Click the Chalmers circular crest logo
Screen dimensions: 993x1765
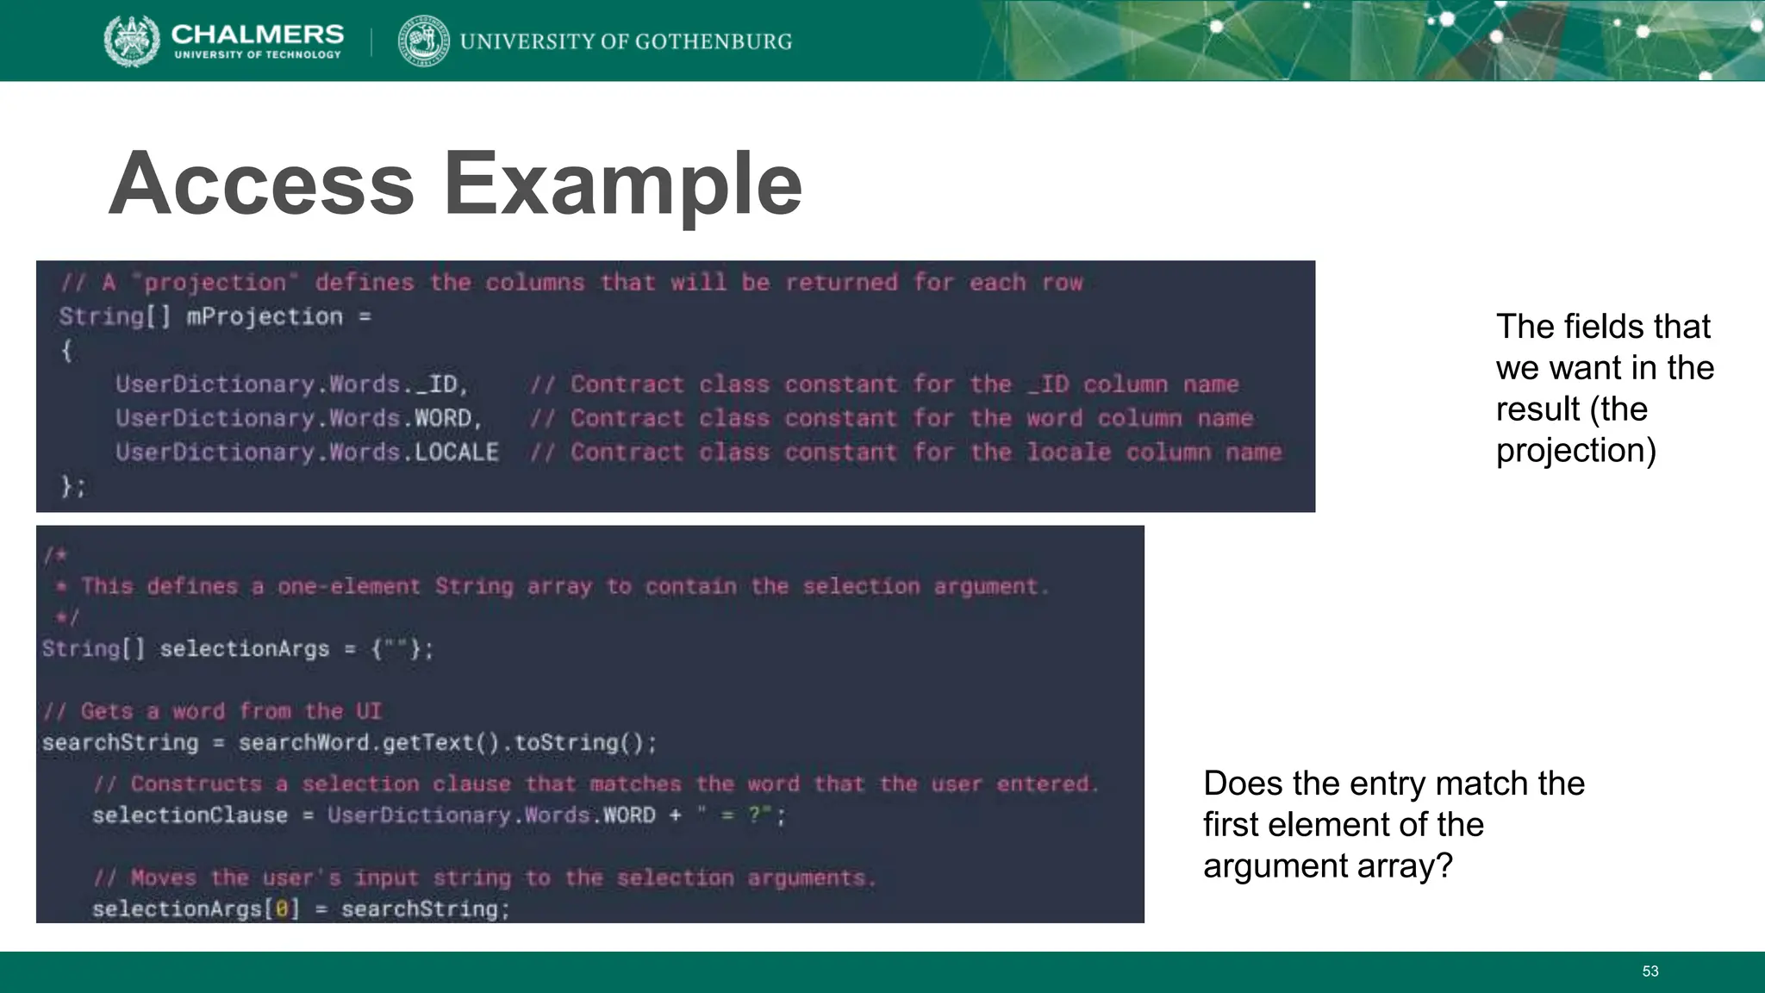click(x=132, y=41)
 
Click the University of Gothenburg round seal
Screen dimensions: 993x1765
click(x=423, y=41)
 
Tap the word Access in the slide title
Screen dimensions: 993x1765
click(x=261, y=184)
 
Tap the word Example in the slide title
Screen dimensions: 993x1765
click(x=622, y=184)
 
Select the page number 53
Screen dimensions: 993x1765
click(x=1650, y=971)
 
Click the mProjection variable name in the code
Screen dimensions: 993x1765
click(x=265, y=316)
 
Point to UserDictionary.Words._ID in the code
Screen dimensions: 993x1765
click(x=291, y=384)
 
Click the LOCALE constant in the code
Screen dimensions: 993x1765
click(x=456, y=452)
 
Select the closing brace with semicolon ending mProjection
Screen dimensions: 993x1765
click(x=73, y=486)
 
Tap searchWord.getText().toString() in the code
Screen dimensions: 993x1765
click(x=447, y=742)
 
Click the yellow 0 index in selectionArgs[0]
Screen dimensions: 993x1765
click(x=281, y=909)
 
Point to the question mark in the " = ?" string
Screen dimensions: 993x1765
click(x=756, y=815)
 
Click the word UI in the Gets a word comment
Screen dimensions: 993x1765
click(x=368, y=711)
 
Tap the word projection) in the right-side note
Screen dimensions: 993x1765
click(x=1575, y=450)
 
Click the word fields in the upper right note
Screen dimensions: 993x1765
click(x=1592, y=326)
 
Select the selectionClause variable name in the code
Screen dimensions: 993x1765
click(x=190, y=815)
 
